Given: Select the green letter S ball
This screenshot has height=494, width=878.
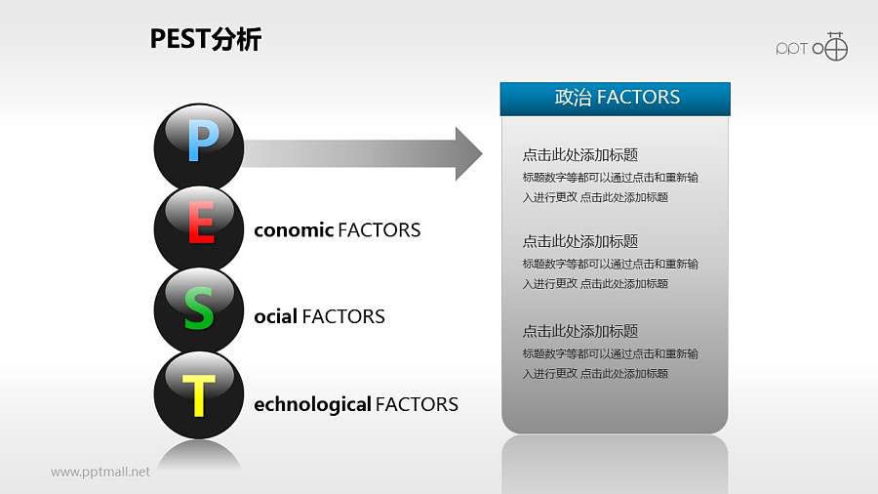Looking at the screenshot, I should click(x=199, y=311).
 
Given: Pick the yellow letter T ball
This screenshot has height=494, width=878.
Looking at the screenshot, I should click(x=199, y=395).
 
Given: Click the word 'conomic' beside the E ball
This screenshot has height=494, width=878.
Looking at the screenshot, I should click(x=293, y=230).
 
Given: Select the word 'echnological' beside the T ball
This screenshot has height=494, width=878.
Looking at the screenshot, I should click(x=312, y=404).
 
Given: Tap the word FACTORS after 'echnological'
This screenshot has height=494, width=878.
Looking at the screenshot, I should click(x=417, y=404).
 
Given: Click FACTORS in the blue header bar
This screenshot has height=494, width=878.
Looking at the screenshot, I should click(x=638, y=98).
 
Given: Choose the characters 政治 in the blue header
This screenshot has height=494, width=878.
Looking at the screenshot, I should click(x=573, y=98).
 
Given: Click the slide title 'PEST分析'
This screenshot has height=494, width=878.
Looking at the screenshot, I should click(x=206, y=39).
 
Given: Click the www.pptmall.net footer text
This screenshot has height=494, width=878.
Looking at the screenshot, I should click(x=100, y=472).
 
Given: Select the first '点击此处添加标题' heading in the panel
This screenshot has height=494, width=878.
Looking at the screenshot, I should click(x=580, y=154).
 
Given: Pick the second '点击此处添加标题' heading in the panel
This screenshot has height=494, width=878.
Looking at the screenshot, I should click(x=580, y=241).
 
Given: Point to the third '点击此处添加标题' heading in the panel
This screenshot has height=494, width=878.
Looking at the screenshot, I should click(x=580, y=331).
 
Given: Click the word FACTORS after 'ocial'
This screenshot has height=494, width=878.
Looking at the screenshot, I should click(x=343, y=316).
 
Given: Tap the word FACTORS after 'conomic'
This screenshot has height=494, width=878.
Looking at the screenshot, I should click(x=379, y=230).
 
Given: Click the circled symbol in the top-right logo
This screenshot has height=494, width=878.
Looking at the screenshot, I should click(x=836, y=47).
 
